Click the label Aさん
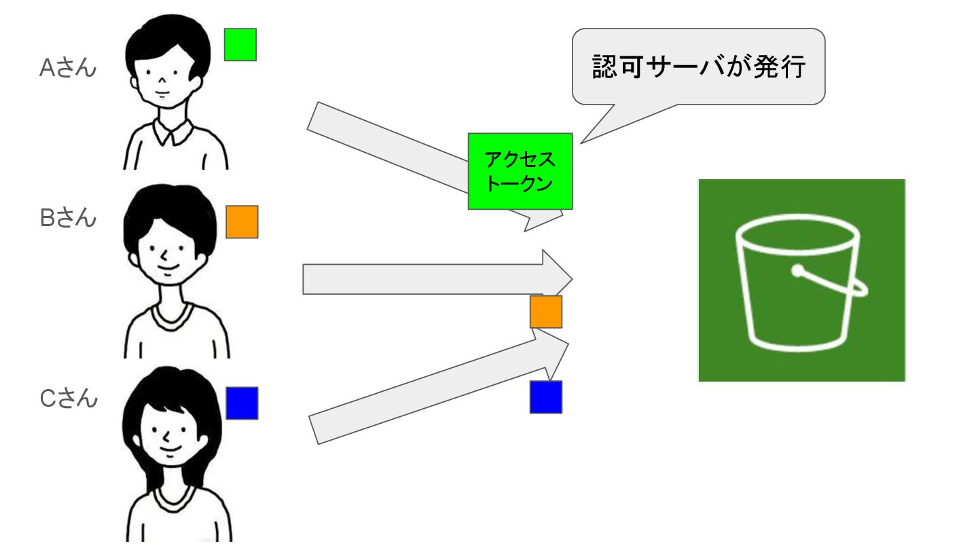point(68,68)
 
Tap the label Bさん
point(68,219)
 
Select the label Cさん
point(69,398)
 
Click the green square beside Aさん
point(240,44)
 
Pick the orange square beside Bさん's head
point(242,222)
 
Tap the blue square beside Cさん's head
point(242,403)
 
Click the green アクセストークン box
point(520,171)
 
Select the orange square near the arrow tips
point(546,312)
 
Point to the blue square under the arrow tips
point(546,397)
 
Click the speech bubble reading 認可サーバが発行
point(698,66)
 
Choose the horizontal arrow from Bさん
point(421,279)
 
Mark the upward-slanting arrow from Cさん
point(421,394)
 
